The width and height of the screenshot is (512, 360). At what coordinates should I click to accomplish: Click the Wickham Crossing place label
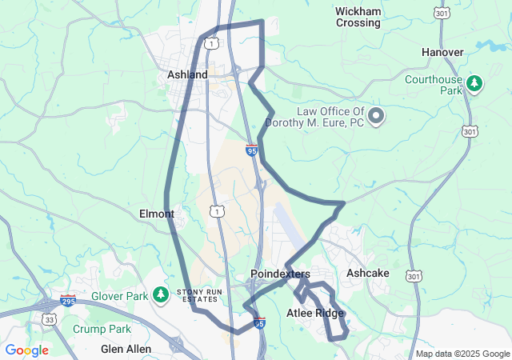[358, 17]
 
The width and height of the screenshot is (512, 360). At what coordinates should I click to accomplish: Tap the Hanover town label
[442, 52]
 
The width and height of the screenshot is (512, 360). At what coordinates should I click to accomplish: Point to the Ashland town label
[187, 74]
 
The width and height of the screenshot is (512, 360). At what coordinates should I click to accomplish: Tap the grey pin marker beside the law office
[377, 117]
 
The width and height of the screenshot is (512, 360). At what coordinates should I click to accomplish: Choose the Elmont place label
[157, 214]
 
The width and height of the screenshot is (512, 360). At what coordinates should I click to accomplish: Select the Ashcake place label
[367, 274]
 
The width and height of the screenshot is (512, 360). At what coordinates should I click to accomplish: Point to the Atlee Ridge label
[315, 313]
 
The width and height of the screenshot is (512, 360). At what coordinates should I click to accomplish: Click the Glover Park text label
[126, 296]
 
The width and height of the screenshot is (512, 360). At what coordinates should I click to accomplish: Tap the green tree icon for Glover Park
[161, 295]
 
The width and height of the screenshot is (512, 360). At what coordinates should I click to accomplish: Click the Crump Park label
[101, 329]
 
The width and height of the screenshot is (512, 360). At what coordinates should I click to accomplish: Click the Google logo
[26, 350]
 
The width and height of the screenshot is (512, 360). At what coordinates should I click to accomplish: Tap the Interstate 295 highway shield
[68, 302]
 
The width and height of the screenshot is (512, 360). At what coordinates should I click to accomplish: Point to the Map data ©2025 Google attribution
[462, 354]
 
